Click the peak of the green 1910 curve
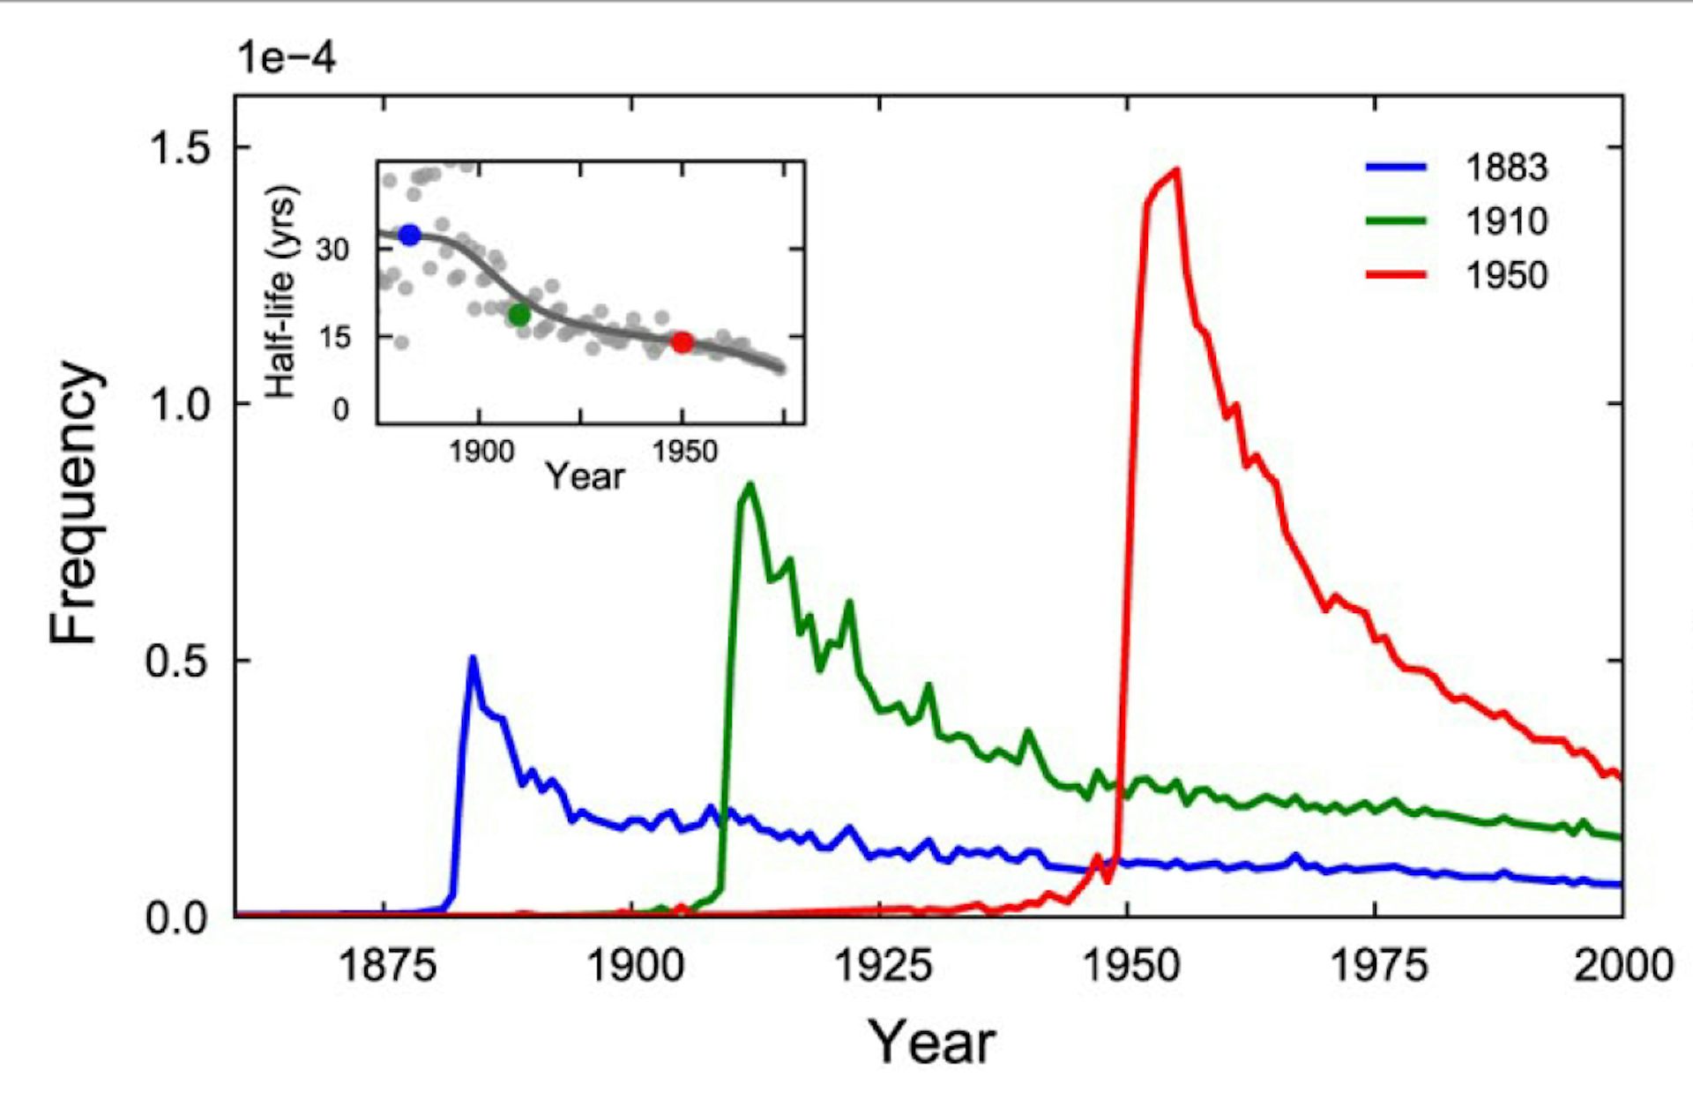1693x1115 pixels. pyautogui.click(x=750, y=484)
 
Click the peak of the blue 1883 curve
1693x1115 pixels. pyautogui.click(x=474, y=658)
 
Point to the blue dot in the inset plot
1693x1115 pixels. pyautogui.click(x=410, y=235)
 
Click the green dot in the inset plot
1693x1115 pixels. pyautogui.click(x=519, y=314)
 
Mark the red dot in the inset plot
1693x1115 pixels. pyautogui.click(x=682, y=342)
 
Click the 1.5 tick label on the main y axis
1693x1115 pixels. pyautogui.click(x=180, y=147)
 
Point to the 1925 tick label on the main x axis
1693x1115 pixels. pyautogui.click(x=882, y=966)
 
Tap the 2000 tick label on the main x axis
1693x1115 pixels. pyautogui.click(x=1622, y=966)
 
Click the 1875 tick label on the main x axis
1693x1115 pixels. pyautogui.click(x=386, y=966)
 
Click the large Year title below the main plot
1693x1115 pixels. pyautogui.click(x=931, y=1043)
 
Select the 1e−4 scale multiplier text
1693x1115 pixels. pyautogui.click(x=287, y=58)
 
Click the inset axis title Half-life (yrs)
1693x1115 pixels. pyautogui.click(x=280, y=291)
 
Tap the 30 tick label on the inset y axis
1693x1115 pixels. pyautogui.click(x=333, y=250)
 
